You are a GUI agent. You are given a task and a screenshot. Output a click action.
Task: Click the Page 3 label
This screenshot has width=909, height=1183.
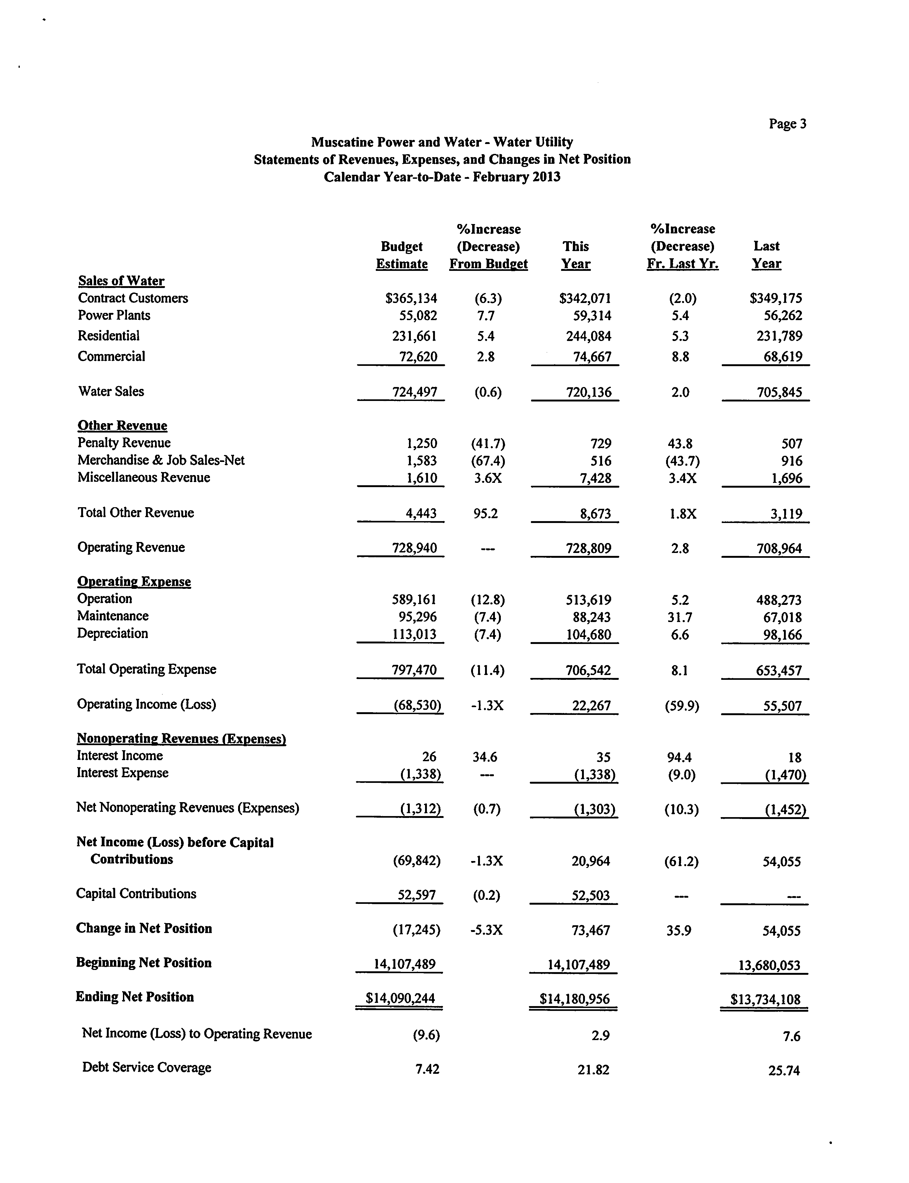pyautogui.click(x=787, y=124)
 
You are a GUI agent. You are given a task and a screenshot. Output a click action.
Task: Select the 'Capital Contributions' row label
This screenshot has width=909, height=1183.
pyautogui.click(x=136, y=894)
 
